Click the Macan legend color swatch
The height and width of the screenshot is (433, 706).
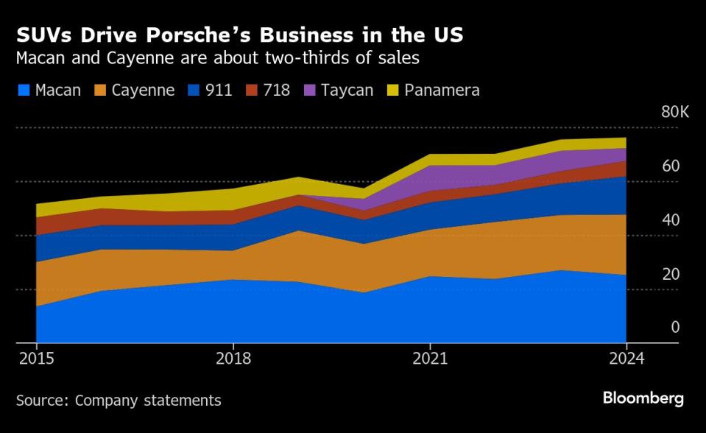click(x=23, y=91)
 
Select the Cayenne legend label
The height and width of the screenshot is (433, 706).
click(x=143, y=91)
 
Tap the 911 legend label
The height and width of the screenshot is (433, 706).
click(x=219, y=91)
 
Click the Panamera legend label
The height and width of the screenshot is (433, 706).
click(x=441, y=91)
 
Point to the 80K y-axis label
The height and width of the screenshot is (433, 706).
click(x=675, y=112)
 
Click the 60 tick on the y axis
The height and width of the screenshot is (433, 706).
click(x=670, y=166)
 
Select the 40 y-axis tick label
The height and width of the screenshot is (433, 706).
click(x=670, y=219)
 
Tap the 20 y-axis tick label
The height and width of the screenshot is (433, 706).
click(x=670, y=274)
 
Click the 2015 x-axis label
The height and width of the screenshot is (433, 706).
click(x=36, y=359)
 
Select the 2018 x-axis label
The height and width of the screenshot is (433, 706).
click(x=233, y=359)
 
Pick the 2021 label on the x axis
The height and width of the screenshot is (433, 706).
click(x=430, y=359)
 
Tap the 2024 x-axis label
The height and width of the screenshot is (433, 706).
click(x=626, y=359)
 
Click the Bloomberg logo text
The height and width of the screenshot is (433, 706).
click(x=643, y=398)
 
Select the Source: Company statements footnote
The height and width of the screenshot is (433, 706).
click(x=119, y=401)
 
